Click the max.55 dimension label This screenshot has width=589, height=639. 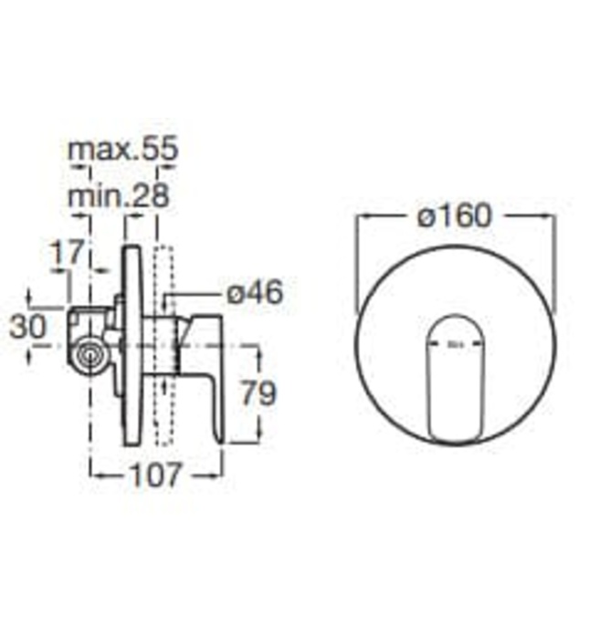pyautogui.click(x=122, y=150)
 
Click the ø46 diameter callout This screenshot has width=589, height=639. pyautogui.click(x=254, y=294)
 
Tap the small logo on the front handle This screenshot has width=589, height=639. pyautogui.click(x=455, y=345)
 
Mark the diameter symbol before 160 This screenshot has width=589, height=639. pyautogui.click(x=423, y=216)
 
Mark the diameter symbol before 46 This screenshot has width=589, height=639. pyautogui.click(x=234, y=294)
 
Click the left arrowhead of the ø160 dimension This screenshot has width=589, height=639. pyautogui.click(x=360, y=216)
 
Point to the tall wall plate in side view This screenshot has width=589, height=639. pyautogui.click(x=131, y=347)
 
